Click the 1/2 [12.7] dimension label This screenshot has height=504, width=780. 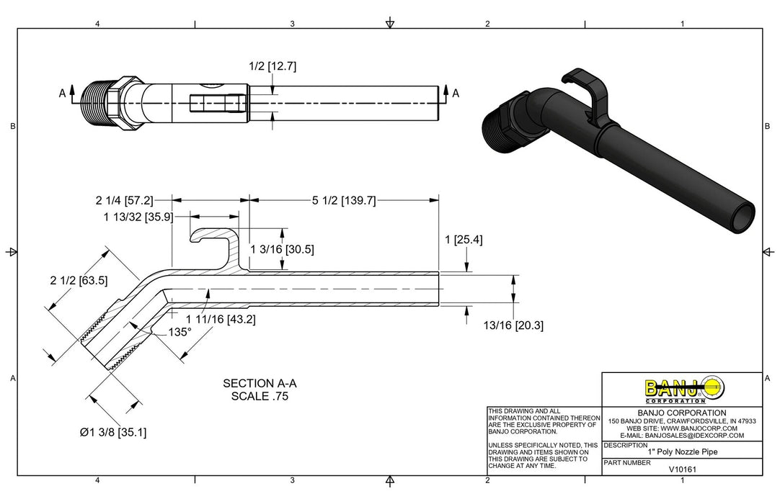click(x=272, y=66)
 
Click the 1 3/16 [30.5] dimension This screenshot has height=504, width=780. click(x=282, y=249)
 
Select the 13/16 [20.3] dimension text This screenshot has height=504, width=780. click(x=513, y=325)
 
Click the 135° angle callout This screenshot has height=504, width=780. click(x=179, y=332)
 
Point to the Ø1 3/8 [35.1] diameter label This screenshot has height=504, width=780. click(x=113, y=432)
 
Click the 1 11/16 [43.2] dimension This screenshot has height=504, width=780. click(x=221, y=318)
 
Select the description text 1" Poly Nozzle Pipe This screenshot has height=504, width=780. click(x=682, y=452)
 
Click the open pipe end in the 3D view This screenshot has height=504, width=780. click(x=743, y=217)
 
